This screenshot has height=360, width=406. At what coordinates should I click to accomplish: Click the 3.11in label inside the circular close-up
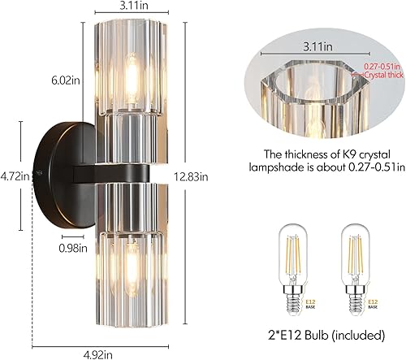tap(317, 59)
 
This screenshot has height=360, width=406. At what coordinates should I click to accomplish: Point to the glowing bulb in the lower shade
tap(132, 268)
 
